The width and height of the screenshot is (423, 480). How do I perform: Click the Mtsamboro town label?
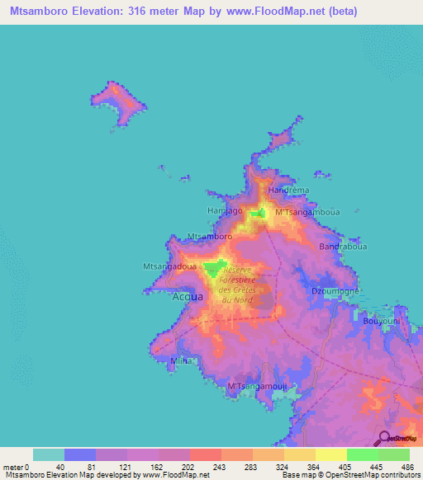click(x=210, y=237)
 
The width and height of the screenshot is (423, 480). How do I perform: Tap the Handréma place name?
click(x=289, y=190)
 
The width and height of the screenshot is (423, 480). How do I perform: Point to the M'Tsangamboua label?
click(x=307, y=212)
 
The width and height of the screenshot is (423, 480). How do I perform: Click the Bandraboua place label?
click(x=341, y=247)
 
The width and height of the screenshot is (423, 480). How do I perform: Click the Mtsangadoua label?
click(x=169, y=266)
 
